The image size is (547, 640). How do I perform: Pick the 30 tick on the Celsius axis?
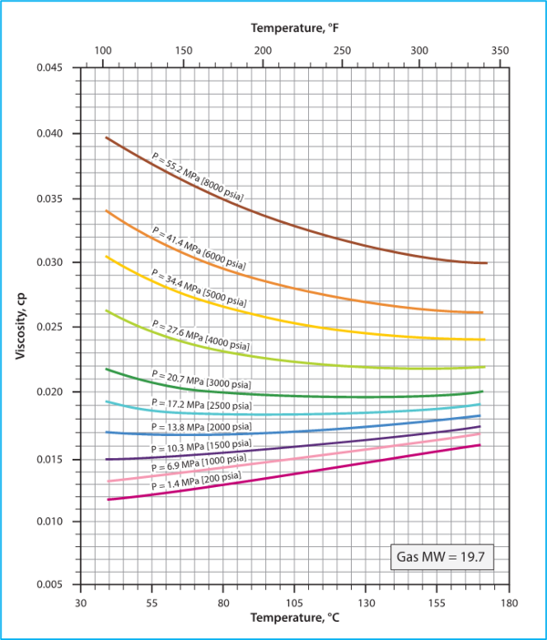80,603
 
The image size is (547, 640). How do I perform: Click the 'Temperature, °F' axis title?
294,28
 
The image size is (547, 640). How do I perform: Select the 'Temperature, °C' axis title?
294,619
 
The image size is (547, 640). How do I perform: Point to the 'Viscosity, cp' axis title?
20,326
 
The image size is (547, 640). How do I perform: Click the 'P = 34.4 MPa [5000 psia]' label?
199,287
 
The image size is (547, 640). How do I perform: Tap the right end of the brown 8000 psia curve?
487,263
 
